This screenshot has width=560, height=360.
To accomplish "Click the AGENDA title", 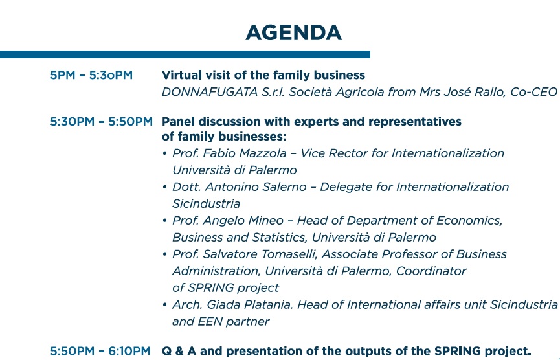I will pos(293,32).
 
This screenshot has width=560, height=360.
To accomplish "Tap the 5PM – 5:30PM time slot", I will pos(91,75).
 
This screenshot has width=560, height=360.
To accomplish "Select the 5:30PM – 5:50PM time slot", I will pos(101,121).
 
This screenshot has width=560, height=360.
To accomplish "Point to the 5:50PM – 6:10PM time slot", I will pos(101,351).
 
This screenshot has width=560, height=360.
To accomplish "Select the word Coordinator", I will pos(431,271).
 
